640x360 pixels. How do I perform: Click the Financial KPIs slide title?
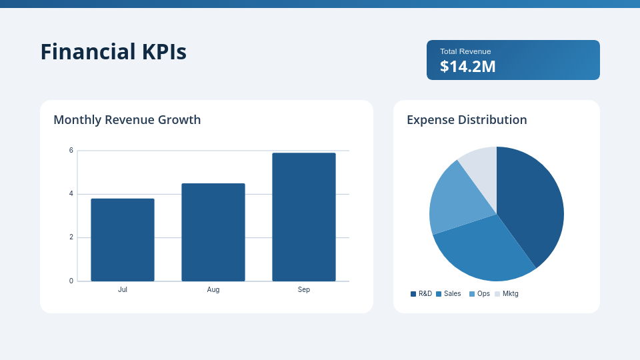click(113, 52)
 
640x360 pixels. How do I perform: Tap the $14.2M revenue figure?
click(467, 67)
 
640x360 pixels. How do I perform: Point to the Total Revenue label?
click(465, 51)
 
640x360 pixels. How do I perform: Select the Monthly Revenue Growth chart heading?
click(127, 120)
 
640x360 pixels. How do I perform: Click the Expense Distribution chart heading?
click(467, 120)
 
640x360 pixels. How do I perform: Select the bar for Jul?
click(123, 240)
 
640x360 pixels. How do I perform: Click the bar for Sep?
click(304, 217)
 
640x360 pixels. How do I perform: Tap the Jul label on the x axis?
click(123, 290)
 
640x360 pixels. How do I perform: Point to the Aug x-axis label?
click(213, 290)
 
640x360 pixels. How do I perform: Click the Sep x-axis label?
click(304, 290)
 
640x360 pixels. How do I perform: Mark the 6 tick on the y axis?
click(71, 151)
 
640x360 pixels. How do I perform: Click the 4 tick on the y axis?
click(71, 194)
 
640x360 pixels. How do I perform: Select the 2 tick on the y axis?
click(71, 237)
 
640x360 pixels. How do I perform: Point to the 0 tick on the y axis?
click(71, 281)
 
